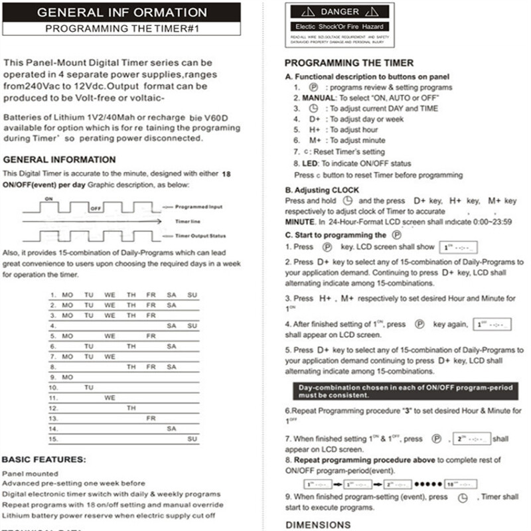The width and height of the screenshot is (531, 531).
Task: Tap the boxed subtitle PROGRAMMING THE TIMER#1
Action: [121, 29]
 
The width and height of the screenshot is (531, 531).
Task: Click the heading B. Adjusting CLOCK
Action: [322, 190]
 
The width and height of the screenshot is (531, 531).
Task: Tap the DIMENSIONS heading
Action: [318, 524]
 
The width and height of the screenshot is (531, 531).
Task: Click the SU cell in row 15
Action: [192, 439]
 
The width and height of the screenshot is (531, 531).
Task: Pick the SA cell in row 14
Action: [171, 429]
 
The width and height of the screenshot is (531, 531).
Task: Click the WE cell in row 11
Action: [110, 398]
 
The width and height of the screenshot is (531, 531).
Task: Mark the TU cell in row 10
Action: [89, 387]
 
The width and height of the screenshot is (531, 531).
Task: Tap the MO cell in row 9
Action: [68, 377]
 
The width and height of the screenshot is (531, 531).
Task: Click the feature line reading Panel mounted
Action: [30, 474]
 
